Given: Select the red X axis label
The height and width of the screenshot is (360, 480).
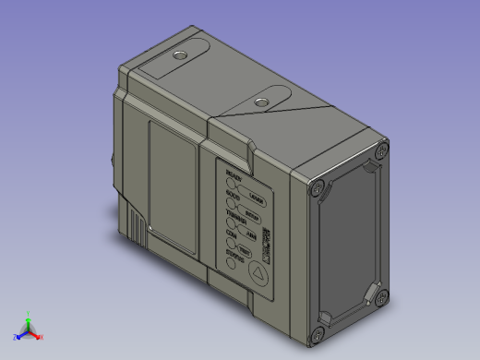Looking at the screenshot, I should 42,337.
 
